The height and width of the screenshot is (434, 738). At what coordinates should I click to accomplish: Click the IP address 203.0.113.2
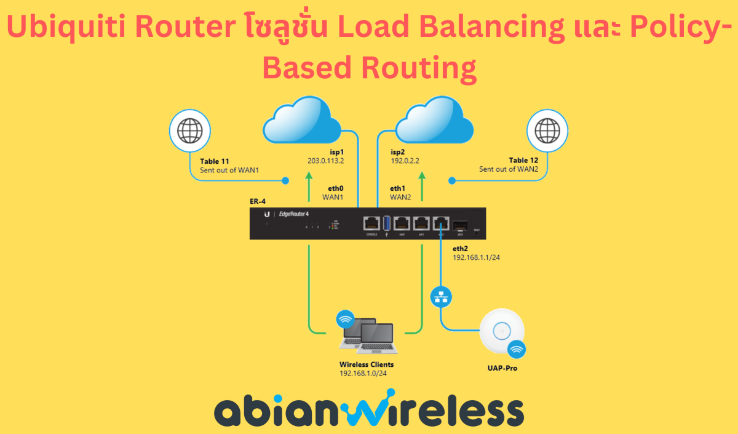click(x=325, y=161)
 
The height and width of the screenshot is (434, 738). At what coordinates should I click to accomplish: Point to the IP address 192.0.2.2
click(x=405, y=161)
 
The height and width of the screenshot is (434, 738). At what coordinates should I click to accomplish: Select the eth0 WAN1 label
click(x=332, y=193)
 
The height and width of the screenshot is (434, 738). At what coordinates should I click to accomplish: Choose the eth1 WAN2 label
click(x=400, y=193)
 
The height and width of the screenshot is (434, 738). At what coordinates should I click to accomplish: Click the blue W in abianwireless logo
click(x=355, y=411)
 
